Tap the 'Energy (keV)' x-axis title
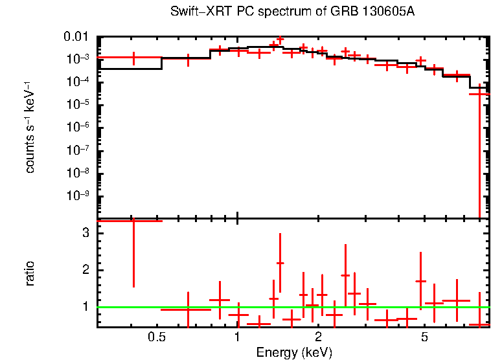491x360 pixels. pos(294,352)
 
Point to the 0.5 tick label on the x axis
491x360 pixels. pos(156,337)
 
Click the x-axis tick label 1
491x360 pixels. pos(238,337)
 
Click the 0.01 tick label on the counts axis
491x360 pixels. pos(77,36)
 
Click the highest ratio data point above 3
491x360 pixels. pos(133,221)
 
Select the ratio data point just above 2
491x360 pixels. pos(280,263)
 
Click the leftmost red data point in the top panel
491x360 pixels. pos(133,58)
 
